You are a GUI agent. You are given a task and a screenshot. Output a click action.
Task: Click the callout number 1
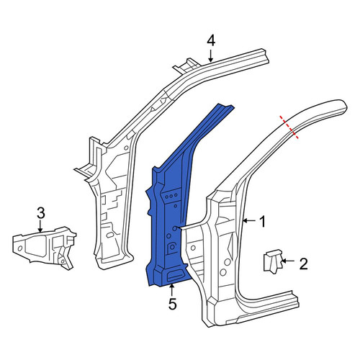263,221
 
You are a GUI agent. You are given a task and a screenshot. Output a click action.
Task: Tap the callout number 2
304,264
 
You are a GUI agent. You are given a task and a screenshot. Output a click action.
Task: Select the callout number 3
41,213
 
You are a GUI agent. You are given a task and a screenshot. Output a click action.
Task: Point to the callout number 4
211,41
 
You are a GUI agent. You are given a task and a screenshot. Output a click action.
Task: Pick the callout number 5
173,304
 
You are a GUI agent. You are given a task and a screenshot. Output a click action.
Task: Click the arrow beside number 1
251,220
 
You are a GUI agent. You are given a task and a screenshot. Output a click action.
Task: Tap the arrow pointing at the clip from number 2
288,261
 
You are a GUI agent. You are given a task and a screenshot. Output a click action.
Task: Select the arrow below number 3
40,227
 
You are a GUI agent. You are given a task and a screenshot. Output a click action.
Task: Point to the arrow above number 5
171,290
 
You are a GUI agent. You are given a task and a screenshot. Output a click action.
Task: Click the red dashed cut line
289,127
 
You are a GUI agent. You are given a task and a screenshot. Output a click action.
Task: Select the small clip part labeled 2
272,261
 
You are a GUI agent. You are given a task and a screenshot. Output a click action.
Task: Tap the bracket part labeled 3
45,248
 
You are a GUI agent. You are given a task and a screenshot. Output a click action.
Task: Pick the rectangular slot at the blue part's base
176,274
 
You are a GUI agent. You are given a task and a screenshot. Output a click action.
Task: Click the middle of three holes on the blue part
171,196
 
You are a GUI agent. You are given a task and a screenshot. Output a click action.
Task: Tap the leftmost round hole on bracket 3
20,248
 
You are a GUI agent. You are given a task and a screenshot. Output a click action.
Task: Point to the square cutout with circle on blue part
172,247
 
